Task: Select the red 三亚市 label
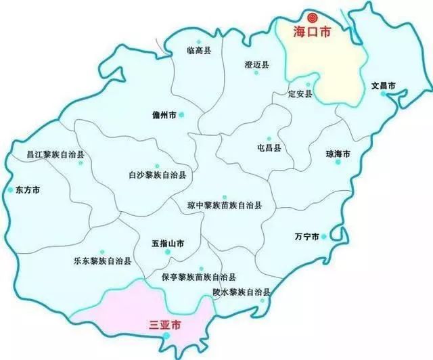coord(164,325)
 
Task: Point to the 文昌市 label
coord(384,86)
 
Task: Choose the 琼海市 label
coord(338,154)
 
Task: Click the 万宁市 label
coord(306,237)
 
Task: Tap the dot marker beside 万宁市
coord(325,236)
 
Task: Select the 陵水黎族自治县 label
coord(242,292)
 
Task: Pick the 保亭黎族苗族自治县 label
coord(199,277)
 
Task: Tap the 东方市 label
coord(27,190)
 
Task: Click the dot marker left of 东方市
coord(9,190)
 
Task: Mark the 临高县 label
coord(198,50)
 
